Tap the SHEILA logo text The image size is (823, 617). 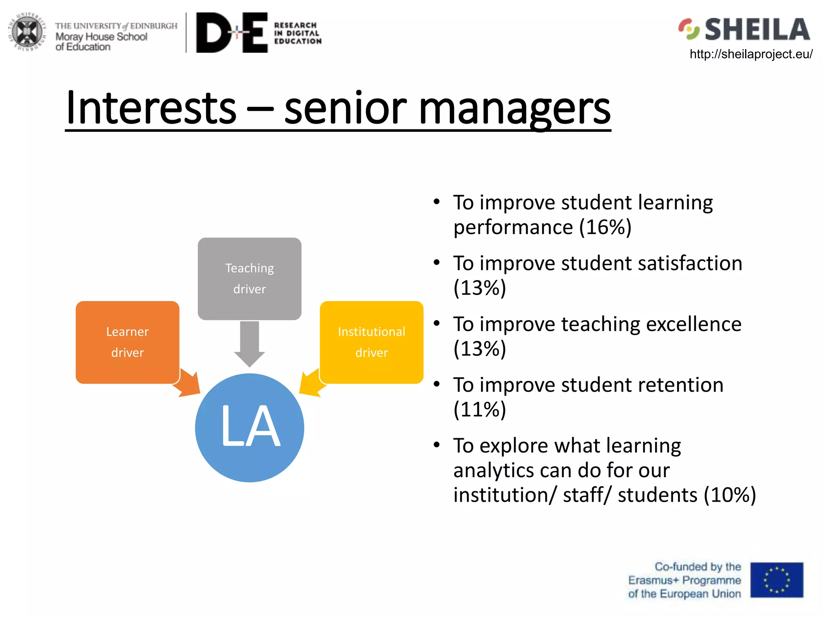coord(757,30)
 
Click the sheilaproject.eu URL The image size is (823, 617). coord(751,54)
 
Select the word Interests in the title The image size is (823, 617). coord(151,108)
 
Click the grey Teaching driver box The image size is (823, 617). coord(250,278)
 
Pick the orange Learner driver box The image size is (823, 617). coord(127,342)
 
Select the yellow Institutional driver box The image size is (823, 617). coord(372,342)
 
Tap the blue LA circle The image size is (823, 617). coord(250,428)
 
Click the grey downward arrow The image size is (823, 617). coord(250,343)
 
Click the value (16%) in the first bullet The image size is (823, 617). coord(605,227)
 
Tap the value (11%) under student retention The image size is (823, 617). coord(480,409)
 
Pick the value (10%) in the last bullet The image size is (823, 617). coord(730,494)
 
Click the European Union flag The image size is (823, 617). coord(776,580)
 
